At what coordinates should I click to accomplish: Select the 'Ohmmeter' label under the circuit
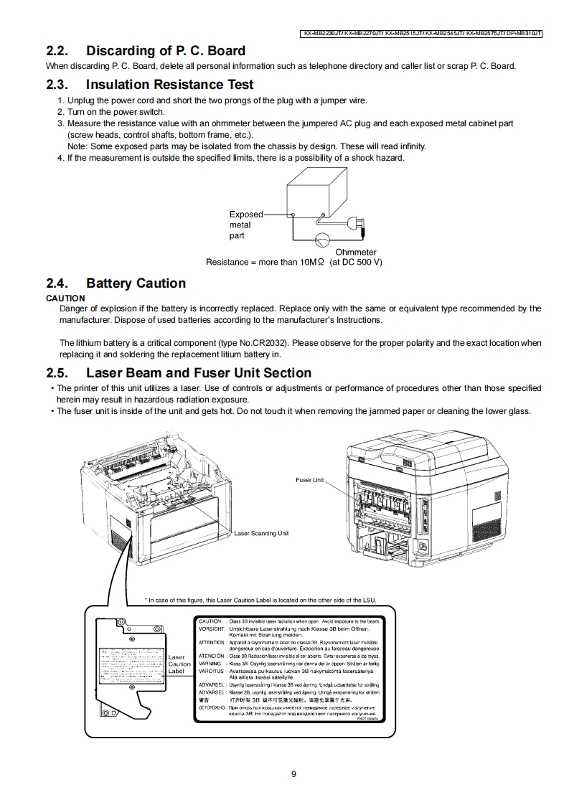pos(355,253)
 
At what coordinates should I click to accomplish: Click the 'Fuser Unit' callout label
pos(310,480)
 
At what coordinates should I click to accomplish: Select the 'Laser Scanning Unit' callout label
pos(261,533)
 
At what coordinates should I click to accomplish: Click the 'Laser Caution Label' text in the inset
pos(179,664)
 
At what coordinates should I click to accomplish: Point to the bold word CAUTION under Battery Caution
pos(65,298)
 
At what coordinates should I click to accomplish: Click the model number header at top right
pos(421,34)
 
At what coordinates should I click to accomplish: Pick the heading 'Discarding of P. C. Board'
pos(165,51)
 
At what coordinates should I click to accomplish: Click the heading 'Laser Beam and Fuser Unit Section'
pos(198,373)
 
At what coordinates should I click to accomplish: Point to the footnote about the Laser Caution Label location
pos(260,601)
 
